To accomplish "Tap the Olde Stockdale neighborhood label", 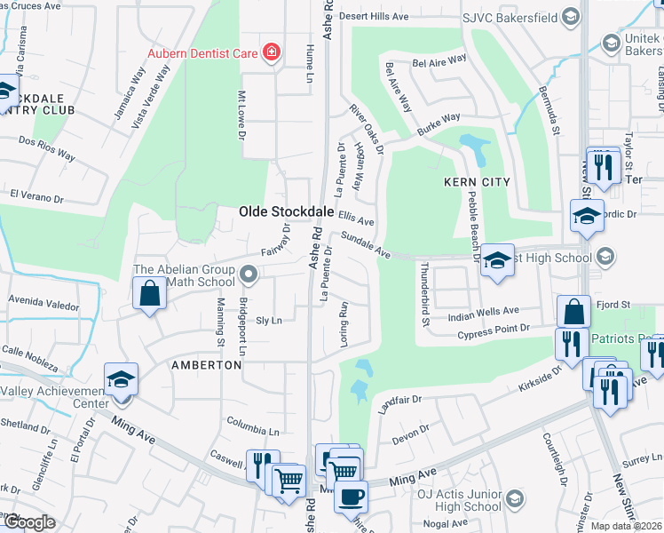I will (286, 211).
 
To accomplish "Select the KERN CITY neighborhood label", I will (477, 181).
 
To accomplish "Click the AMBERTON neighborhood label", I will (206, 365).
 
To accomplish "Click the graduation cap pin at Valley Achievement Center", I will (121, 379).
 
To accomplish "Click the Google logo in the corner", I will (28, 522).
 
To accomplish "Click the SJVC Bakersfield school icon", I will (572, 16).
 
